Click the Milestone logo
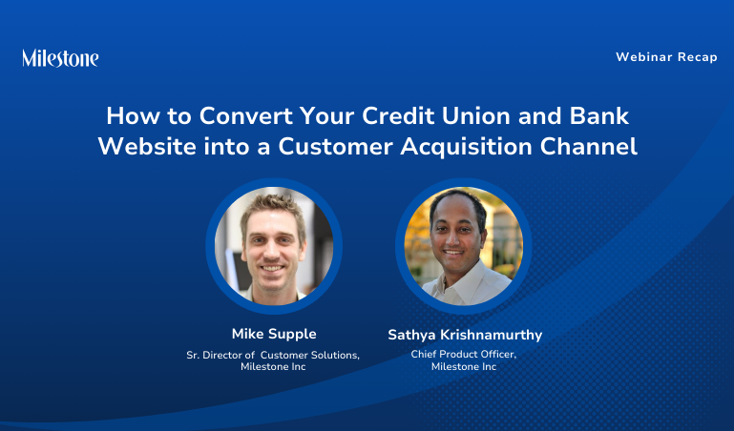click(60, 58)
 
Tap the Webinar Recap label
click(666, 57)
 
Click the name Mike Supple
click(273, 334)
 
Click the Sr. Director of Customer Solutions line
click(273, 355)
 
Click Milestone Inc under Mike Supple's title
click(273, 367)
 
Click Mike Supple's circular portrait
click(273, 245)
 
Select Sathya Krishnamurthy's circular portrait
click(463, 245)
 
